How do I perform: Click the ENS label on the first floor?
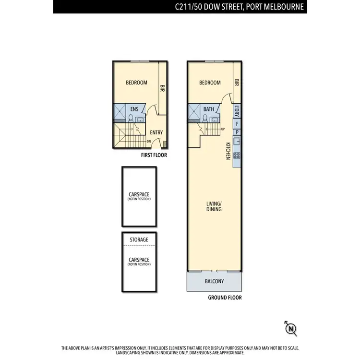click(x=134, y=109)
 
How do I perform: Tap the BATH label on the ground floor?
click(x=209, y=109)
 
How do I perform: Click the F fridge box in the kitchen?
click(x=237, y=123)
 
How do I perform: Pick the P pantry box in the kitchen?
click(x=237, y=132)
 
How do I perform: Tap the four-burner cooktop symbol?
click(x=237, y=156)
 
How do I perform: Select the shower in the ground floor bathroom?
click(x=195, y=111)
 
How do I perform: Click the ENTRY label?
click(x=156, y=133)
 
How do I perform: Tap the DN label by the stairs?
click(x=149, y=141)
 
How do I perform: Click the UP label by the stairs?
click(x=223, y=129)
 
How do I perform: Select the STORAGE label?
click(x=139, y=240)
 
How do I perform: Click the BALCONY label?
click(x=215, y=281)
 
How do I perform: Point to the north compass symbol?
click(x=290, y=328)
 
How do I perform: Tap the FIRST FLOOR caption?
click(x=154, y=156)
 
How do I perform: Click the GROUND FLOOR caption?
click(x=225, y=298)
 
